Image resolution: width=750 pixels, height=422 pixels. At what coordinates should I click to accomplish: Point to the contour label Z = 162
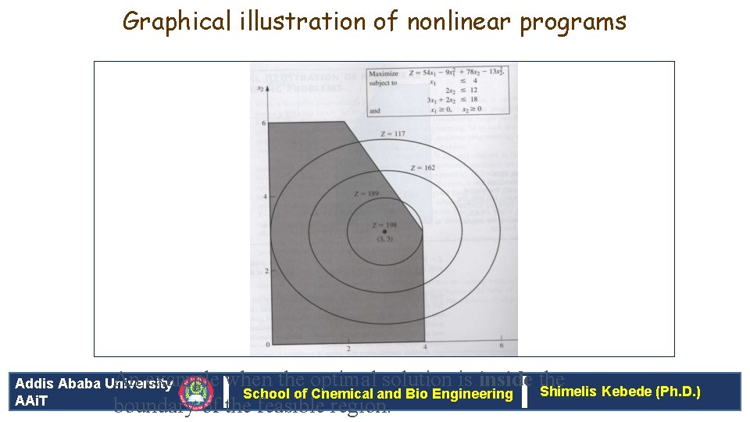[422, 168]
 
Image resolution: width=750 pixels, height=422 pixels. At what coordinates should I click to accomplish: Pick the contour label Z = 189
[366, 193]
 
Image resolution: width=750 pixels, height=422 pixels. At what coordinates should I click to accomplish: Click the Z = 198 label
[384, 224]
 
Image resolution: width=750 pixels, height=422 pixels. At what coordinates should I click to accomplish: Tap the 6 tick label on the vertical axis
[266, 123]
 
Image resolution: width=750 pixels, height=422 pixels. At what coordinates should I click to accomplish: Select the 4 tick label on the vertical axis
[266, 196]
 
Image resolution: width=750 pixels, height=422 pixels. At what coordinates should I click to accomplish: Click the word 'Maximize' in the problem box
[384, 73]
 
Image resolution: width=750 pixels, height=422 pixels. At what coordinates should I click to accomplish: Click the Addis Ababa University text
[94, 384]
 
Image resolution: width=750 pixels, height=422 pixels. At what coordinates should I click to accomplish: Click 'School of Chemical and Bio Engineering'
[378, 394]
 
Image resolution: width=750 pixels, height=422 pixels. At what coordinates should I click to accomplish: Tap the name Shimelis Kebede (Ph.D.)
[620, 391]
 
